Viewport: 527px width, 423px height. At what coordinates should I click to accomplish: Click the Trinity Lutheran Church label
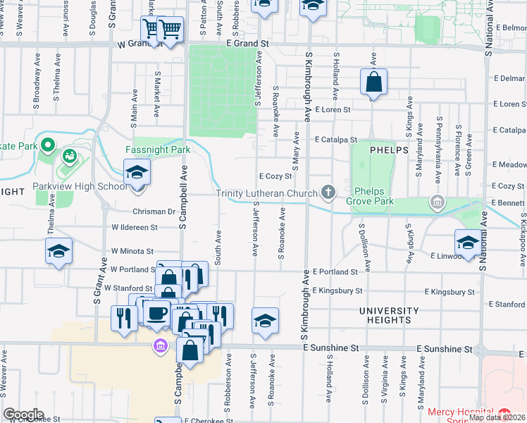click(x=267, y=193)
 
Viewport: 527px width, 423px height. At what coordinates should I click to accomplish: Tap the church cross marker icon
click(x=328, y=191)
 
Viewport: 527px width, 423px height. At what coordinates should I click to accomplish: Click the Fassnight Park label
click(x=158, y=150)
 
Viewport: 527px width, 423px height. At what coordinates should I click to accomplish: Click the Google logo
click(x=23, y=415)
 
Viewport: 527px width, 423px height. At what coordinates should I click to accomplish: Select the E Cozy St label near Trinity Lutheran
click(x=275, y=177)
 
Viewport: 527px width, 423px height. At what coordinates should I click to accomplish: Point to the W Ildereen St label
click(x=134, y=228)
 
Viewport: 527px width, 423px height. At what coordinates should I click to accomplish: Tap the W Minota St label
click(x=132, y=251)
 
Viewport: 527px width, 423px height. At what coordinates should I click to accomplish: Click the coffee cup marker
click(x=158, y=312)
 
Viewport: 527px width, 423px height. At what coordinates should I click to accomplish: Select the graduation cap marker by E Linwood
click(x=468, y=243)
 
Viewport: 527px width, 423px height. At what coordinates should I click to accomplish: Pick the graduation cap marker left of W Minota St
click(x=58, y=251)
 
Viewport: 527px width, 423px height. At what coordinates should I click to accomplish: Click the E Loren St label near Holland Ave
click(x=333, y=110)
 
